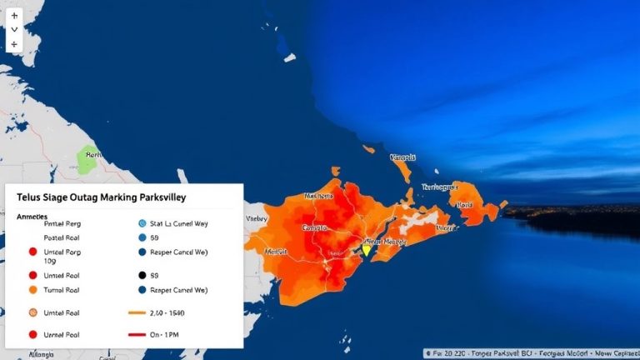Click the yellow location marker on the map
[x=365, y=249]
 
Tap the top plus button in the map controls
[x=14, y=15]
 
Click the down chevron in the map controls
[x=14, y=29]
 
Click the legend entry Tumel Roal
[x=63, y=290]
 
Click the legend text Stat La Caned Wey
[x=179, y=223]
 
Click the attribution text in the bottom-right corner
[x=530, y=352]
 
